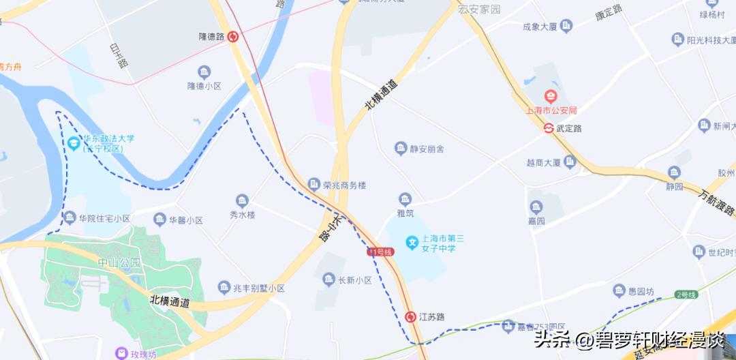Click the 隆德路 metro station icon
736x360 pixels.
(x=233, y=37)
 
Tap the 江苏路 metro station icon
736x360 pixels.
(x=410, y=317)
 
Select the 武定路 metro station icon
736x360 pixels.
(x=548, y=127)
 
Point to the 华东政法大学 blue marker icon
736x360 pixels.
(x=74, y=142)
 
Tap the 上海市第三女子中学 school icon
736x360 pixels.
(x=411, y=242)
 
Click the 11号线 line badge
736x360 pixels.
(x=381, y=252)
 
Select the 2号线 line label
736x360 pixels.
(x=686, y=295)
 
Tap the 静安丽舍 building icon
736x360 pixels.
(x=401, y=148)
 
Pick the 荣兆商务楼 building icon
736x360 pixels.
(x=313, y=184)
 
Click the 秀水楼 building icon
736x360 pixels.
(x=242, y=200)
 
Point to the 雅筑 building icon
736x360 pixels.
(x=405, y=199)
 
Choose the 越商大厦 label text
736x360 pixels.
(x=543, y=163)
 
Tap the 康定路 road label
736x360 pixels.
(x=609, y=12)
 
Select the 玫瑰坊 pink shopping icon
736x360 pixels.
(x=121, y=354)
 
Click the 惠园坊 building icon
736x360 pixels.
(x=619, y=291)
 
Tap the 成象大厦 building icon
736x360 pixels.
(x=566, y=26)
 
